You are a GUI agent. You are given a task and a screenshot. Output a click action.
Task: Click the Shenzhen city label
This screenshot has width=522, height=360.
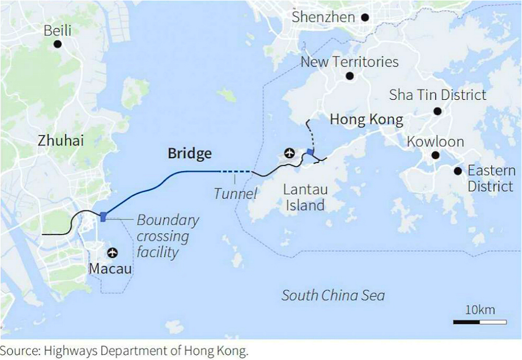pyautogui.click(x=323, y=17)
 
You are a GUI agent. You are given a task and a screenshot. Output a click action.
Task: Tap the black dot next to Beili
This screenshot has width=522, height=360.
pyautogui.click(x=57, y=44)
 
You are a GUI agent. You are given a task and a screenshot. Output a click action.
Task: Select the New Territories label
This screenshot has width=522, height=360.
pyautogui.click(x=349, y=62)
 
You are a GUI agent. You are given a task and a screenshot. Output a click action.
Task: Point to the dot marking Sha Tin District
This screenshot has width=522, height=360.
pyautogui.click(x=437, y=111)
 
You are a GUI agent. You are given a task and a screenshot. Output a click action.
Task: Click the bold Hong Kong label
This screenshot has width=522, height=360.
pyautogui.click(x=366, y=120)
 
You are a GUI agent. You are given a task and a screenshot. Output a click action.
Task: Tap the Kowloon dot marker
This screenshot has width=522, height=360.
pyautogui.click(x=434, y=155)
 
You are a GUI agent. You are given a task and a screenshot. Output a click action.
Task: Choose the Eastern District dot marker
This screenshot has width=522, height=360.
pyautogui.click(x=458, y=171)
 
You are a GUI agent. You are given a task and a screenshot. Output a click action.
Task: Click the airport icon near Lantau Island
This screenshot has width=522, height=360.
pyautogui.click(x=289, y=153)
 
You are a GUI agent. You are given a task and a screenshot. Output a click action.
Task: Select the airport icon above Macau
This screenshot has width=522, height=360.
pyautogui.click(x=111, y=253)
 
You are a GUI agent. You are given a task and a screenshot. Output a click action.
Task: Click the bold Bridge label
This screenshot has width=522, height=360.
pyautogui.click(x=189, y=154)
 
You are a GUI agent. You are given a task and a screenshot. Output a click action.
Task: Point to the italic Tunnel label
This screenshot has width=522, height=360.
pyautogui.click(x=235, y=194)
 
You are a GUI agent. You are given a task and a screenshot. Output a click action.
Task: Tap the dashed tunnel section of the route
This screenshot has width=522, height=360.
pyautogui.click(x=236, y=171)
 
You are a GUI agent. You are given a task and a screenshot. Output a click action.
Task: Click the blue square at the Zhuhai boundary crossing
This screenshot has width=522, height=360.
pyautogui.click(x=103, y=216)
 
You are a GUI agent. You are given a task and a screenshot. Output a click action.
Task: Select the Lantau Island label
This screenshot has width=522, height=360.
pyautogui.click(x=305, y=197)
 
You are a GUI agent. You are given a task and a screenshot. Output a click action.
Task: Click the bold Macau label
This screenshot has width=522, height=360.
pyautogui.click(x=110, y=270)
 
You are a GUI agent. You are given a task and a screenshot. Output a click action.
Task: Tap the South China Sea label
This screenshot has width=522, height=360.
pyautogui.click(x=333, y=295)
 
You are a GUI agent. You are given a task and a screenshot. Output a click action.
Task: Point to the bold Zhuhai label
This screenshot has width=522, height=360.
pyautogui.click(x=61, y=140)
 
